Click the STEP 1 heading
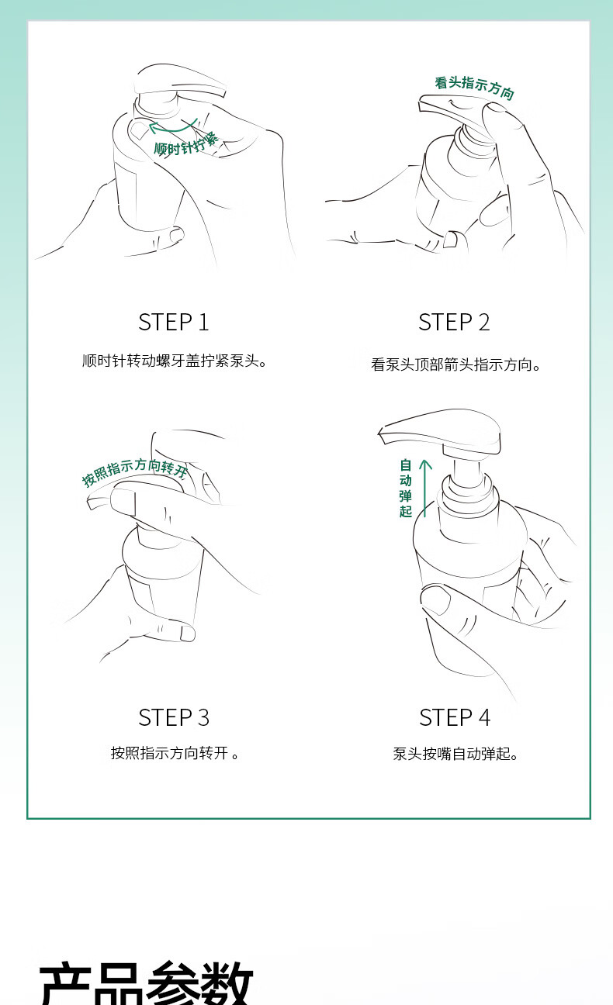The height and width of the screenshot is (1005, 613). pos(174,322)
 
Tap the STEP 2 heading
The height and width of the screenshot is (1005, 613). pos(454,322)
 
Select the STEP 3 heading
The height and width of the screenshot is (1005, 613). pos(174,717)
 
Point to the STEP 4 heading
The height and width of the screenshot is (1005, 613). pos(455,717)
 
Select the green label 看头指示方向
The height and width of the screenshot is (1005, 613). pos(474,88)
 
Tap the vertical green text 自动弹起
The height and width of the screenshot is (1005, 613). pos(406,488)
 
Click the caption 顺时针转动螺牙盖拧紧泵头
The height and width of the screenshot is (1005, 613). pos(175,361)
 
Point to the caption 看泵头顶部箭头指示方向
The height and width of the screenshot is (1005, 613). pos(455,364)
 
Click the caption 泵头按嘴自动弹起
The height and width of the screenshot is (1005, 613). pos(455,754)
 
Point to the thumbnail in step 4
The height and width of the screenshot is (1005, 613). pos(435,599)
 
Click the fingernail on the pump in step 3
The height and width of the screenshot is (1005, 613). pos(123,502)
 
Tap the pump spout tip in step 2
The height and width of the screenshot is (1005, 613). pos(422,103)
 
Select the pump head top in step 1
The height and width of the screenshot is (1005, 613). pos(180,81)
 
